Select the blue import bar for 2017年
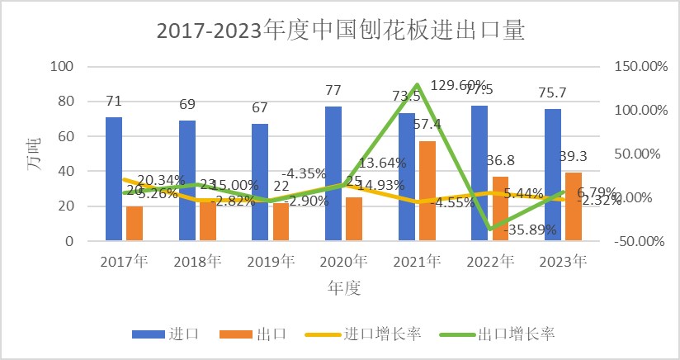click(114, 178)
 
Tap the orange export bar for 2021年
click(427, 191)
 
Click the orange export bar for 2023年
click(574, 206)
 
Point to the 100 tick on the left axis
click(63, 67)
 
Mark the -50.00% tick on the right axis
click(640, 241)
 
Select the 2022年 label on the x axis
click(490, 262)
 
